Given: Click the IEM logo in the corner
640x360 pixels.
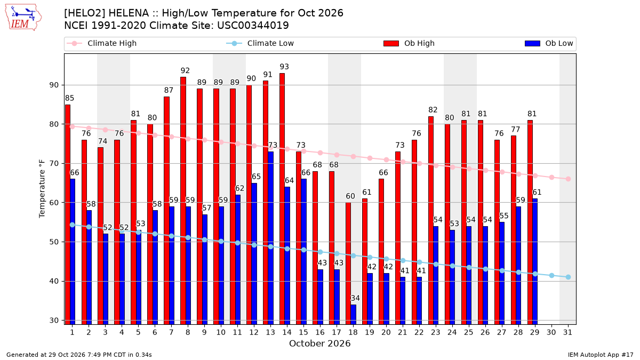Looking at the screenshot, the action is (x=23, y=18).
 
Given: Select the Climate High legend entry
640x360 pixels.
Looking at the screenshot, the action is (x=102, y=43).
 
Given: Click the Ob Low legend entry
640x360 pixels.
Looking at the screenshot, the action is (x=549, y=43).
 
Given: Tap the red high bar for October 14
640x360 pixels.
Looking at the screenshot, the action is (x=282, y=199).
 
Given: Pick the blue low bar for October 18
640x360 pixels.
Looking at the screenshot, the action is (x=353, y=315).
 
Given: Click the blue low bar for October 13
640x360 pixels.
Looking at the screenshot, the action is (x=270, y=238).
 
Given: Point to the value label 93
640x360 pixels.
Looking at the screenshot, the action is (x=284, y=67).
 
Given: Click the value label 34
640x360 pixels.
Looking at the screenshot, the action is (x=355, y=298).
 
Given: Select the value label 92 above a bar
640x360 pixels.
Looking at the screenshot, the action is (x=185, y=70).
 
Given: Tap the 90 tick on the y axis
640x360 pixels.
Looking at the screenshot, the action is (x=54, y=85).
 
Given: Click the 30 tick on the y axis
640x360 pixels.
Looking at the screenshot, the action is (x=54, y=321).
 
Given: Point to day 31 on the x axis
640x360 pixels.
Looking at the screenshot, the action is (x=567, y=332).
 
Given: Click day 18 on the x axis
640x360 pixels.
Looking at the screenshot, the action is (x=353, y=332).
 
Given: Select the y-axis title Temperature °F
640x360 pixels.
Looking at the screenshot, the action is (x=42, y=189).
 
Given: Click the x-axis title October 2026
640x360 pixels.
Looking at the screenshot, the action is (x=319, y=343).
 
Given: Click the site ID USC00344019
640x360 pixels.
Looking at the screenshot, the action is (x=253, y=26).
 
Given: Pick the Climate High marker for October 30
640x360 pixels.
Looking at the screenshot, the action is (x=551, y=178).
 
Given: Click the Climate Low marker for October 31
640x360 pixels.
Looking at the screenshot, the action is (x=569, y=277).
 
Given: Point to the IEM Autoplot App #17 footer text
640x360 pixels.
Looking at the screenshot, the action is (x=601, y=355).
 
